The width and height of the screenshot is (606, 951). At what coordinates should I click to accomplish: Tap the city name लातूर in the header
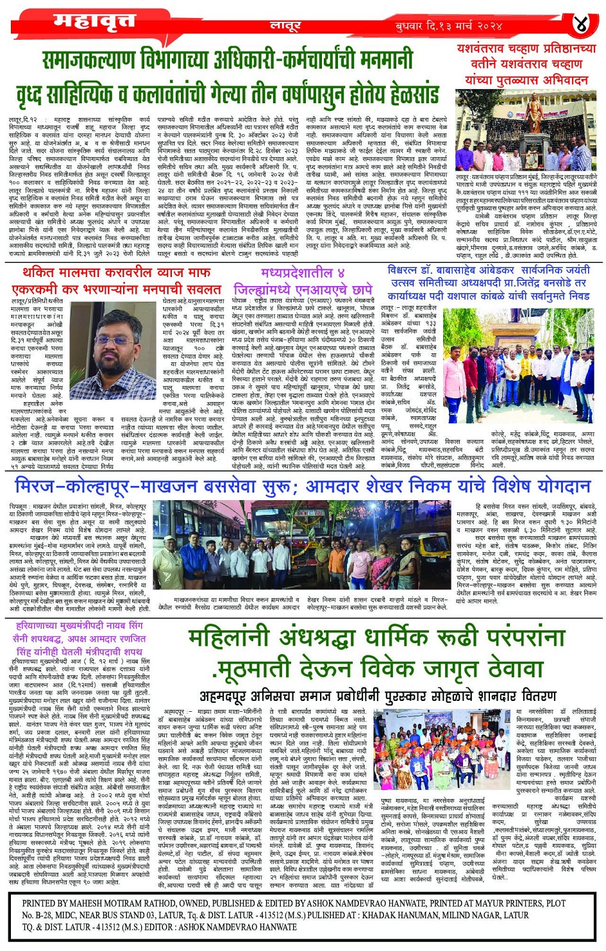285,26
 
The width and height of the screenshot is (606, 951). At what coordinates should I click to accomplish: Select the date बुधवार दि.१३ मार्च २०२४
449,26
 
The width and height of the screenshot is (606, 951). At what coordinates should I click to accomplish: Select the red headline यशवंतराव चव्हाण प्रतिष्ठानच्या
526,48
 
